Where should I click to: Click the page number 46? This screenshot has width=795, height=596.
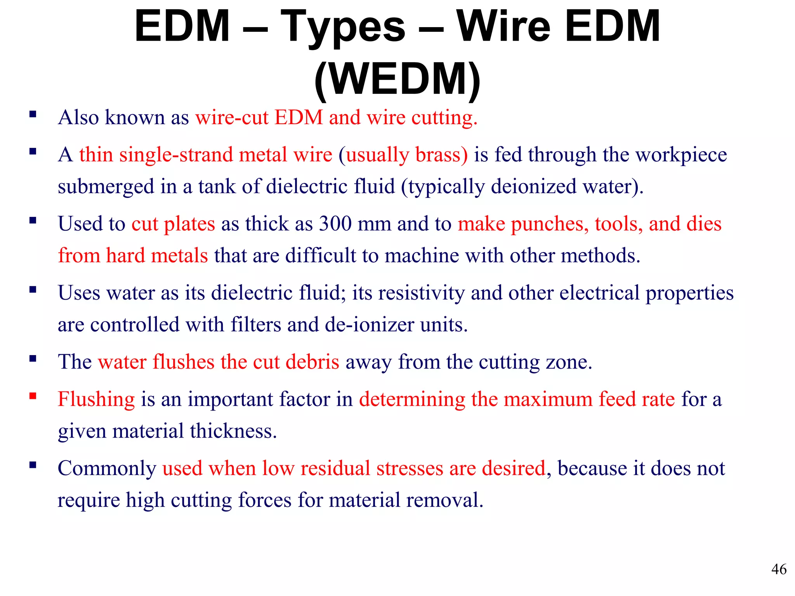779,569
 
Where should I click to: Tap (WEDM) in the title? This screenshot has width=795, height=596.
397,79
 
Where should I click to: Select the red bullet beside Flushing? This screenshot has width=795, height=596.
33,396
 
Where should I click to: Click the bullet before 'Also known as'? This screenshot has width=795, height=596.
33,114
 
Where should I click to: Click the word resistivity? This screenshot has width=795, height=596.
421,293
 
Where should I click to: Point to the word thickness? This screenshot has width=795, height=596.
233,431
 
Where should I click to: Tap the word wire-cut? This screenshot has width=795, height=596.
232,118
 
